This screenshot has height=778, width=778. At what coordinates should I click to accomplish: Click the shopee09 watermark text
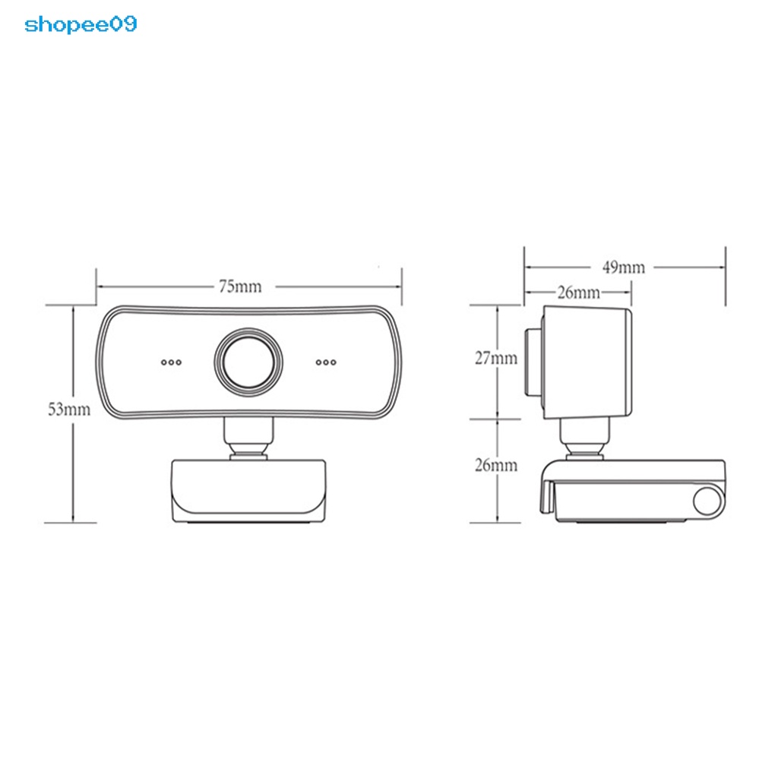coord(81,25)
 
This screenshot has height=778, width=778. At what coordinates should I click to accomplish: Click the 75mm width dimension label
coord(239,286)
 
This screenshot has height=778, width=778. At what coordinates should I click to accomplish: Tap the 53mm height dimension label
coord(69,410)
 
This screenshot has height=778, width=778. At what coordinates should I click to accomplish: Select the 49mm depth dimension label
coord(623,267)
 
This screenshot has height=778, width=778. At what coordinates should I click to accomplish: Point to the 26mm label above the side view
coord(578,293)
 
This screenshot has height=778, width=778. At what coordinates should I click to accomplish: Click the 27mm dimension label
coord(495,358)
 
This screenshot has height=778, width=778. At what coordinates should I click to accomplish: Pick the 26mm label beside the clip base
coord(495,465)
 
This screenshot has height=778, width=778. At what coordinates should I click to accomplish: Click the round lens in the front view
coord(249,360)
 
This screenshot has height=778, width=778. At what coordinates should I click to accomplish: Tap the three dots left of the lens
coord(171,362)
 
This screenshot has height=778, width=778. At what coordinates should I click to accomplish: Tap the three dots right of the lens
coord(326,362)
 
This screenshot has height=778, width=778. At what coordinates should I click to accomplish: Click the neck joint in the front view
coord(248,439)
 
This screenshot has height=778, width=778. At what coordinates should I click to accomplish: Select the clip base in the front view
coord(248,490)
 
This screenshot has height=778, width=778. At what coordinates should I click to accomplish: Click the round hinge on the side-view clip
coord(708,501)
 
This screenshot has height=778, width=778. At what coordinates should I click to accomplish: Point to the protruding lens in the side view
coord(533,362)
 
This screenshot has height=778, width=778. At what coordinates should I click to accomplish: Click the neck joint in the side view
coord(585,439)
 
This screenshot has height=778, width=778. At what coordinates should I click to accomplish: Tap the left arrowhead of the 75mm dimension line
coord(100,286)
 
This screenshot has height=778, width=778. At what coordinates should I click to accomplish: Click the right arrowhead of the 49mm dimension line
coord(721,267)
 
